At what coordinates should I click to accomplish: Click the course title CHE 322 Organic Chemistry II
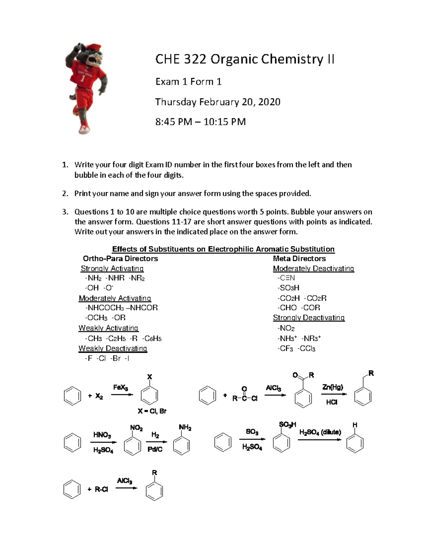tap(244, 59)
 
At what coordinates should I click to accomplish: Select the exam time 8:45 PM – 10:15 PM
tap(200, 122)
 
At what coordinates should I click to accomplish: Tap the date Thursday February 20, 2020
tap(218, 102)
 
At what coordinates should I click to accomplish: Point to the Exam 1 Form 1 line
tap(188, 82)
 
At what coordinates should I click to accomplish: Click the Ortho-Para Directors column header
tap(120, 258)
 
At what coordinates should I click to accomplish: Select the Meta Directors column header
tap(299, 258)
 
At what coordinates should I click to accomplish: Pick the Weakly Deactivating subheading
tap(113, 348)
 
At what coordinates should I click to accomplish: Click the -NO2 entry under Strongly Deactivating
tap(286, 328)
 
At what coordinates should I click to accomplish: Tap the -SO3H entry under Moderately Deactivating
tap(288, 288)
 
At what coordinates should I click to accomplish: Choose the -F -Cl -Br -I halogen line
tap(107, 358)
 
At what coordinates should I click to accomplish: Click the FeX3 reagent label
tap(120, 387)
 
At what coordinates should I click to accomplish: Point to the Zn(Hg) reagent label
tap(332, 387)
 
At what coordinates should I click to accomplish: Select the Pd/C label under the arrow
tap(155, 449)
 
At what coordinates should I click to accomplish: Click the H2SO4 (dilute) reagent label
tap(320, 432)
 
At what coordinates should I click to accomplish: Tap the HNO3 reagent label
tap(102, 435)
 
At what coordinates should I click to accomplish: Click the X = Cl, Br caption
tap(152, 411)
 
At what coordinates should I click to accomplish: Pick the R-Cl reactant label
tap(101, 489)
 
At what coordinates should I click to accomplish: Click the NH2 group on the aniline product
tap(185, 428)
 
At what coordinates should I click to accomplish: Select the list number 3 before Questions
tap(64, 212)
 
